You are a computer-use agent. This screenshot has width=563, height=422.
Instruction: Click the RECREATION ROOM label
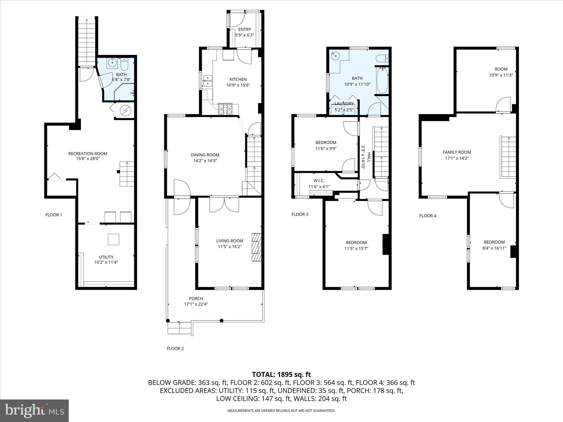88,154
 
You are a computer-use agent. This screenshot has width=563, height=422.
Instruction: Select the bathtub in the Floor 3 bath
382,80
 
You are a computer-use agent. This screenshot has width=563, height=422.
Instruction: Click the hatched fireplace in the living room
256,247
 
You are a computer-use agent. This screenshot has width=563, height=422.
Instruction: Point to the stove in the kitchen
225,109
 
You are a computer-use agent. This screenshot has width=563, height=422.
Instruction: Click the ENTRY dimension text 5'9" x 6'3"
244,35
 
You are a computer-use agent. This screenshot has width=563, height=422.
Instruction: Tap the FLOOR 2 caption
175,348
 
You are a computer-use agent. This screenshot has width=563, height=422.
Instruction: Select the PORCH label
196,298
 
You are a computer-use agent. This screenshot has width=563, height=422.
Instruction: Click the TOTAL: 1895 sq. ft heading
281,374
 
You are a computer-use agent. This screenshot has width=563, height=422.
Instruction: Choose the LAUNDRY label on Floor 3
344,104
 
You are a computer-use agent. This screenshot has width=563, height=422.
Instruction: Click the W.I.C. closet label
319,181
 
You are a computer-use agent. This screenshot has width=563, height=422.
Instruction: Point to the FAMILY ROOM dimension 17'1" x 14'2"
457,158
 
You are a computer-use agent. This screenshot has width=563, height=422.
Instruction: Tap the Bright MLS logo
34,410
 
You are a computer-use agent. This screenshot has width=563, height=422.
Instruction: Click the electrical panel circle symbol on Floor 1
125,111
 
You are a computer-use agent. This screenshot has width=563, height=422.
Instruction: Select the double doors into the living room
224,205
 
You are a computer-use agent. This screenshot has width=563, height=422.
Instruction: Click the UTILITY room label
106,257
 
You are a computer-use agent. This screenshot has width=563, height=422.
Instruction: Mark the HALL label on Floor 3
369,157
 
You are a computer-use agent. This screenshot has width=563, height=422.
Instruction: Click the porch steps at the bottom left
179,328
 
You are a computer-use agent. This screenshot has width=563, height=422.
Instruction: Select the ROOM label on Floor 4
501,69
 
